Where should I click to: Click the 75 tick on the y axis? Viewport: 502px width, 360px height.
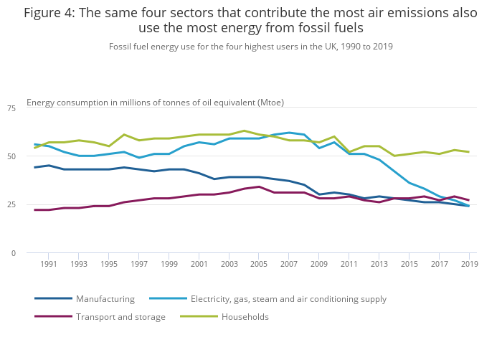click(11, 108)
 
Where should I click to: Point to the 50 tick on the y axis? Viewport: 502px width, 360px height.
click(11, 156)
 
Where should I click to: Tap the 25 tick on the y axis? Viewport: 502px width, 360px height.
click(11, 204)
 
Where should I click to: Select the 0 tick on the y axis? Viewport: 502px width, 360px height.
click(13, 252)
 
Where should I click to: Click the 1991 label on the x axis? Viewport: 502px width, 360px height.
click(48, 265)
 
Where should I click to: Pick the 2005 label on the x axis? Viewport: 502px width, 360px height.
click(259, 265)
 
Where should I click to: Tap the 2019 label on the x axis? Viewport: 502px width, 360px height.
click(469, 265)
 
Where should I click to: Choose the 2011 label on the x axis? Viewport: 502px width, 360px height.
click(349, 265)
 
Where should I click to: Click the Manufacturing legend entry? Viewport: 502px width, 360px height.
click(105, 298)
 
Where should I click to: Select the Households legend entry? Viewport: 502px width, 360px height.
click(245, 316)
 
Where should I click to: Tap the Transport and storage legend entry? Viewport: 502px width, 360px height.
click(120, 316)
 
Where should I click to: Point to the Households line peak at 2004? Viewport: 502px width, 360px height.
click(245, 131)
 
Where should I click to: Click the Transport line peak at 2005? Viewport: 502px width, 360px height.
click(260, 186)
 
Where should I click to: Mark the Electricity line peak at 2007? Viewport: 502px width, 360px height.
click(290, 133)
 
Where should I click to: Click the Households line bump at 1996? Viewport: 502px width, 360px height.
click(124, 135)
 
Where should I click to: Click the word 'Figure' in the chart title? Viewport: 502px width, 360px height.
click(42, 13)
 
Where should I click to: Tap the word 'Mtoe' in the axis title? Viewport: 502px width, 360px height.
click(271, 102)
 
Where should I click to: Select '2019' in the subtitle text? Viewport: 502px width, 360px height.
click(382, 47)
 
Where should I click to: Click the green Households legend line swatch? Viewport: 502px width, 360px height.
click(198, 316)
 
